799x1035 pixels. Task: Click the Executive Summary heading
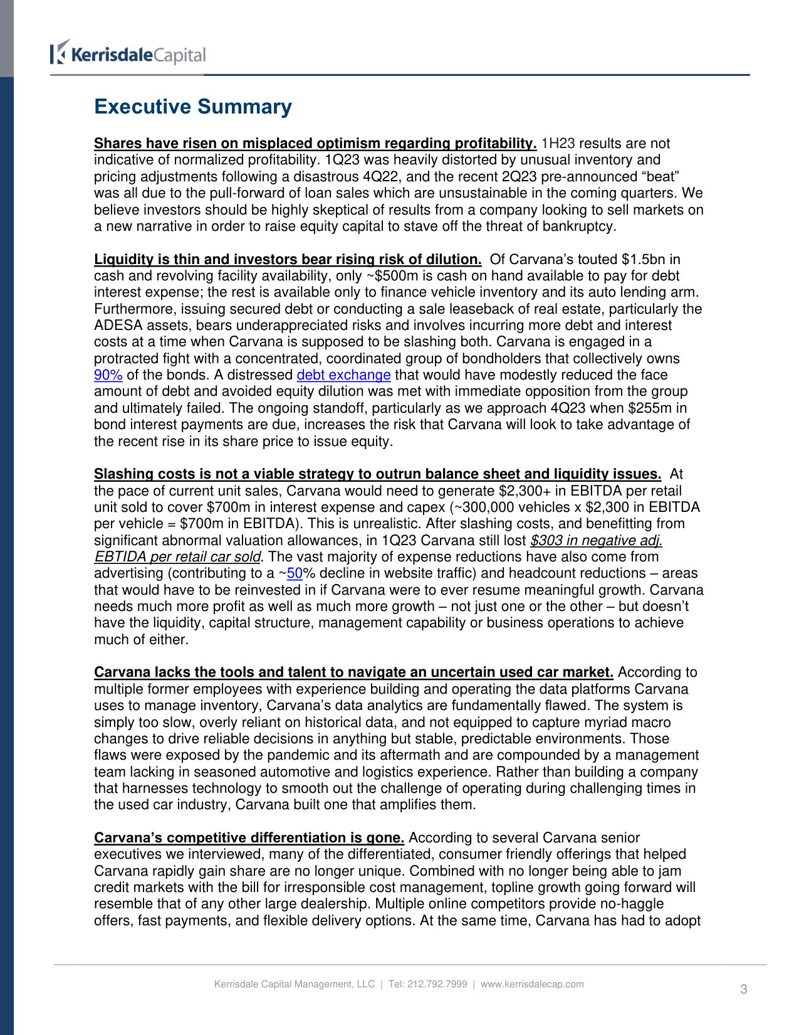[192, 107]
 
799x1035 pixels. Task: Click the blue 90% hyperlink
[108, 375]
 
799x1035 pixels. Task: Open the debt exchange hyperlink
[343, 375]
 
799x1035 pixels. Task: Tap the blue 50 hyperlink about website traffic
[295, 573]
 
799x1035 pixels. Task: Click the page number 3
[744, 989]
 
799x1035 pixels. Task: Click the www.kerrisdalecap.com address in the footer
[532, 984]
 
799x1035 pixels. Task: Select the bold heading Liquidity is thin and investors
[288, 260]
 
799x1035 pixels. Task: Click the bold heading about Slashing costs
[377, 474]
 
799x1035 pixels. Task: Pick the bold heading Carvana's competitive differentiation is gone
[249, 838]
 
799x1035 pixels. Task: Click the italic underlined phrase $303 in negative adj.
[596, 541]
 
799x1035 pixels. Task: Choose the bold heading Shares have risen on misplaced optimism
[315, 144]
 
